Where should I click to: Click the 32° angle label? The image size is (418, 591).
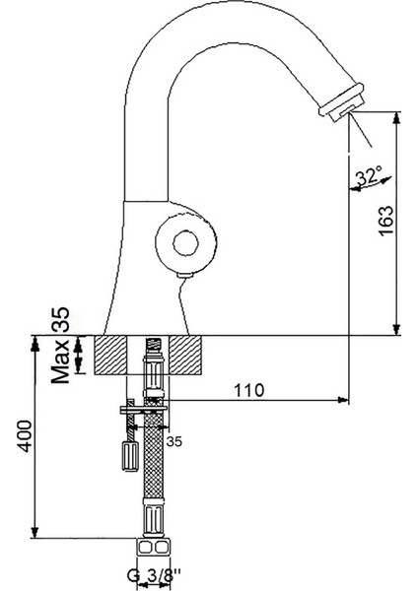pyautogui.click(x=367, y=177)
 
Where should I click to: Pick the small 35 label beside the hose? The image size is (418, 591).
pyautogui.click(x=174, y=440)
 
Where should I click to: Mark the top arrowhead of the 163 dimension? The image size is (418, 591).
pyautogui.click(x=396, y=116)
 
